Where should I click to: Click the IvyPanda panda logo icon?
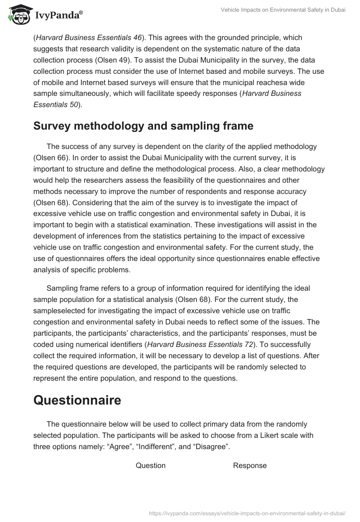click(x=18, y=14)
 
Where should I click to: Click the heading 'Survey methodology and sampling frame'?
click(x=143, y=126)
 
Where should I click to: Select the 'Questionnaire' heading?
click(x=77, y=400)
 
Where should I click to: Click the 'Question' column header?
click(x=151, y=465)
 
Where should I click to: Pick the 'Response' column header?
click(x=250, y=465)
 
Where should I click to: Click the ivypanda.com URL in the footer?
click(x=247, y=513)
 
